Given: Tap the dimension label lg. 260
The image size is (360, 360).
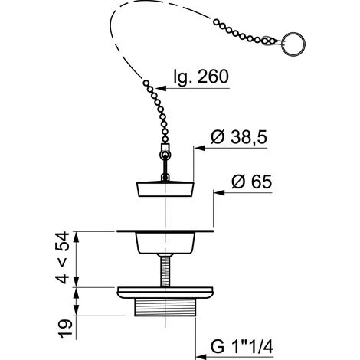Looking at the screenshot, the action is click(201, 77).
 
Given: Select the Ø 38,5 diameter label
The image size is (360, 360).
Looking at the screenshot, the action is click(239, 137).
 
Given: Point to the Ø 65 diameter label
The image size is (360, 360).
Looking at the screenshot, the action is click(252, 182).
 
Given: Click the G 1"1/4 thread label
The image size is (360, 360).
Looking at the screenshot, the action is click(242, 347).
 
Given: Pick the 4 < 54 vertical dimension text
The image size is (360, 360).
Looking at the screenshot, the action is click(62, 257).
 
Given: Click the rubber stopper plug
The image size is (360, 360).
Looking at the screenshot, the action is click(165, 189).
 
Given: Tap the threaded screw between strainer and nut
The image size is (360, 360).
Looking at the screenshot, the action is click(165, 270).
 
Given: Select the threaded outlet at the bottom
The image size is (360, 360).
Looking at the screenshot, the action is click(165, 307).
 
